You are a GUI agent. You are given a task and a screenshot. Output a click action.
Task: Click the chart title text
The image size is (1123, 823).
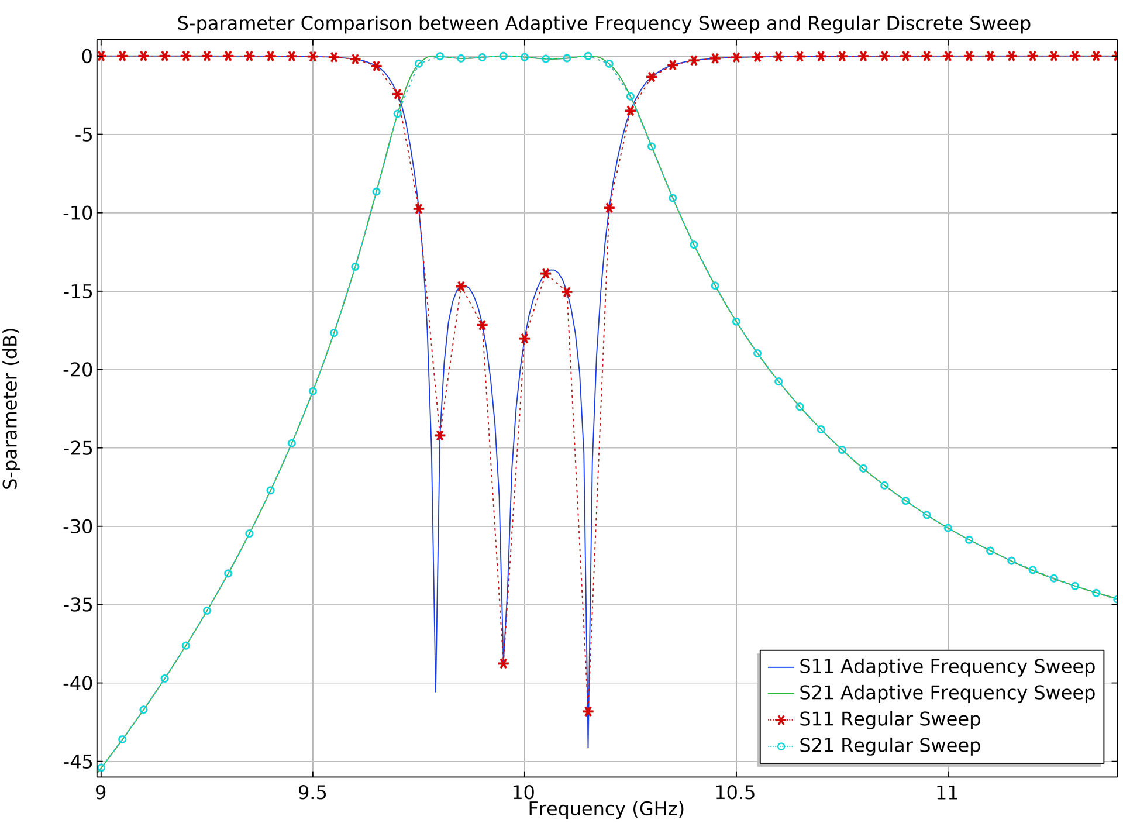coord(604,24)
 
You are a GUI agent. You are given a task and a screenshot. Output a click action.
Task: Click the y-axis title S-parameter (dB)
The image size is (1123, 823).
coord(11,408)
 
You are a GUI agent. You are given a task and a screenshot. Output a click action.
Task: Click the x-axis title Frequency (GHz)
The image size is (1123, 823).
coord(606,809)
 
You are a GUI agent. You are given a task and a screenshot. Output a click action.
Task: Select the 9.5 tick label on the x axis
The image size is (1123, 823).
coord(312,793)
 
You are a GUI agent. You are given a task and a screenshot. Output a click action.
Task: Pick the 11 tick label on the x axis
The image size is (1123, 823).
coord(947,793)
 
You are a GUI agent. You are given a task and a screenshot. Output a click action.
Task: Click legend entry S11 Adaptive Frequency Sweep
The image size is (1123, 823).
coord(946,667)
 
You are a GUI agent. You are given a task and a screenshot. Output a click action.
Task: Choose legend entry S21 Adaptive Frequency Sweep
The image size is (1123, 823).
coord(946,693)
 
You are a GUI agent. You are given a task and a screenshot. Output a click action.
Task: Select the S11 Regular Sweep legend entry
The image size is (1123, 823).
coord(889,719)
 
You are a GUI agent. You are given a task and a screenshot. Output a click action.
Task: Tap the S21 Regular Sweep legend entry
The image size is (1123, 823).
coord(889,746)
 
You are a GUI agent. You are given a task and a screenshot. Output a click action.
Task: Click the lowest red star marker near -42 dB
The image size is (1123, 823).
coord(588,711)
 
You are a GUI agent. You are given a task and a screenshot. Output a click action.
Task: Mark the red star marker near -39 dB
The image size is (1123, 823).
coord(503,663)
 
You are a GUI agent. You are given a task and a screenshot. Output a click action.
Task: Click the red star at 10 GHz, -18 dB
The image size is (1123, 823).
coord(525,338)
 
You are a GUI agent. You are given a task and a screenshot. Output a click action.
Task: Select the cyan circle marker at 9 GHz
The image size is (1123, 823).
coord(101,767)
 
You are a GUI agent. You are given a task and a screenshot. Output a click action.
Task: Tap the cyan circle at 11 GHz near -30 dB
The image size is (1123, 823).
coord(948,528)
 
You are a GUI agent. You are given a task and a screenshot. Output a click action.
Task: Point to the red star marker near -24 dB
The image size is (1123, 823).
coord(440,435)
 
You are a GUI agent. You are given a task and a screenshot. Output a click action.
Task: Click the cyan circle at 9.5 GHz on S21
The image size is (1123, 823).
coord(313,391)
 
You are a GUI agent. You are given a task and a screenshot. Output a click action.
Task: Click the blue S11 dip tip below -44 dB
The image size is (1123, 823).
coord(588,747)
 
